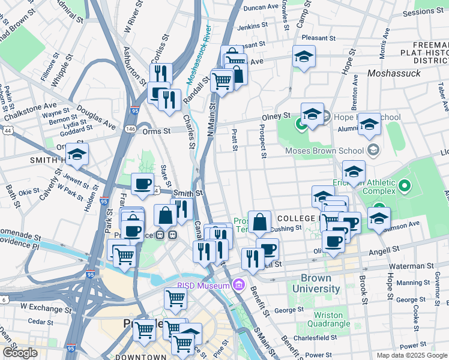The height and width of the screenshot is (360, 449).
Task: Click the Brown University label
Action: (316, 284)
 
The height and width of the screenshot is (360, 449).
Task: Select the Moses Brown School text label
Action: (325, 151)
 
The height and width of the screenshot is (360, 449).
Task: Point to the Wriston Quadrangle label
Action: (328, 319)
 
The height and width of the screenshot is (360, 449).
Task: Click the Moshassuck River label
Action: (198, 53)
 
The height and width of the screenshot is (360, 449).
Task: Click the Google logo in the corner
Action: (20, 353)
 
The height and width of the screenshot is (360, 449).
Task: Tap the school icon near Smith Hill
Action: (77, 155)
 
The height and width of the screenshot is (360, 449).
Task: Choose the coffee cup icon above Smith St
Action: (142, 184)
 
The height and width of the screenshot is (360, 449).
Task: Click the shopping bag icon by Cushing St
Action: (259, 222)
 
